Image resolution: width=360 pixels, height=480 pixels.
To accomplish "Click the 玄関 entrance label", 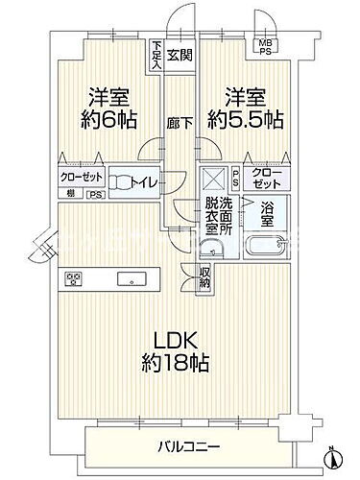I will coord(179,55).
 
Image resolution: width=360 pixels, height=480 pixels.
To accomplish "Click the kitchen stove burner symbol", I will coord(74,279).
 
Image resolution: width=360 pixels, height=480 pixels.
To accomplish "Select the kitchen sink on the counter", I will coord(127,279).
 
